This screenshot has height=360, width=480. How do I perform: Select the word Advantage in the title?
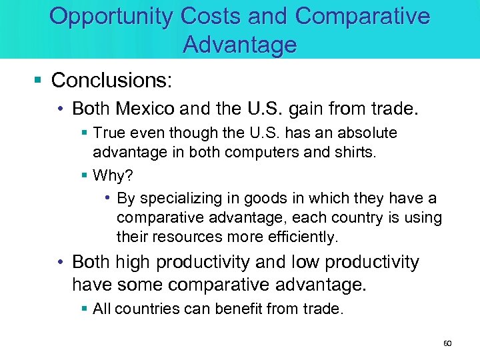point(239,45)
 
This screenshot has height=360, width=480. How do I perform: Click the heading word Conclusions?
point(111,81)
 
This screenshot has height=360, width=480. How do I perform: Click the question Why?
point(113,175)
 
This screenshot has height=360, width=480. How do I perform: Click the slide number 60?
point(447,343)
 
